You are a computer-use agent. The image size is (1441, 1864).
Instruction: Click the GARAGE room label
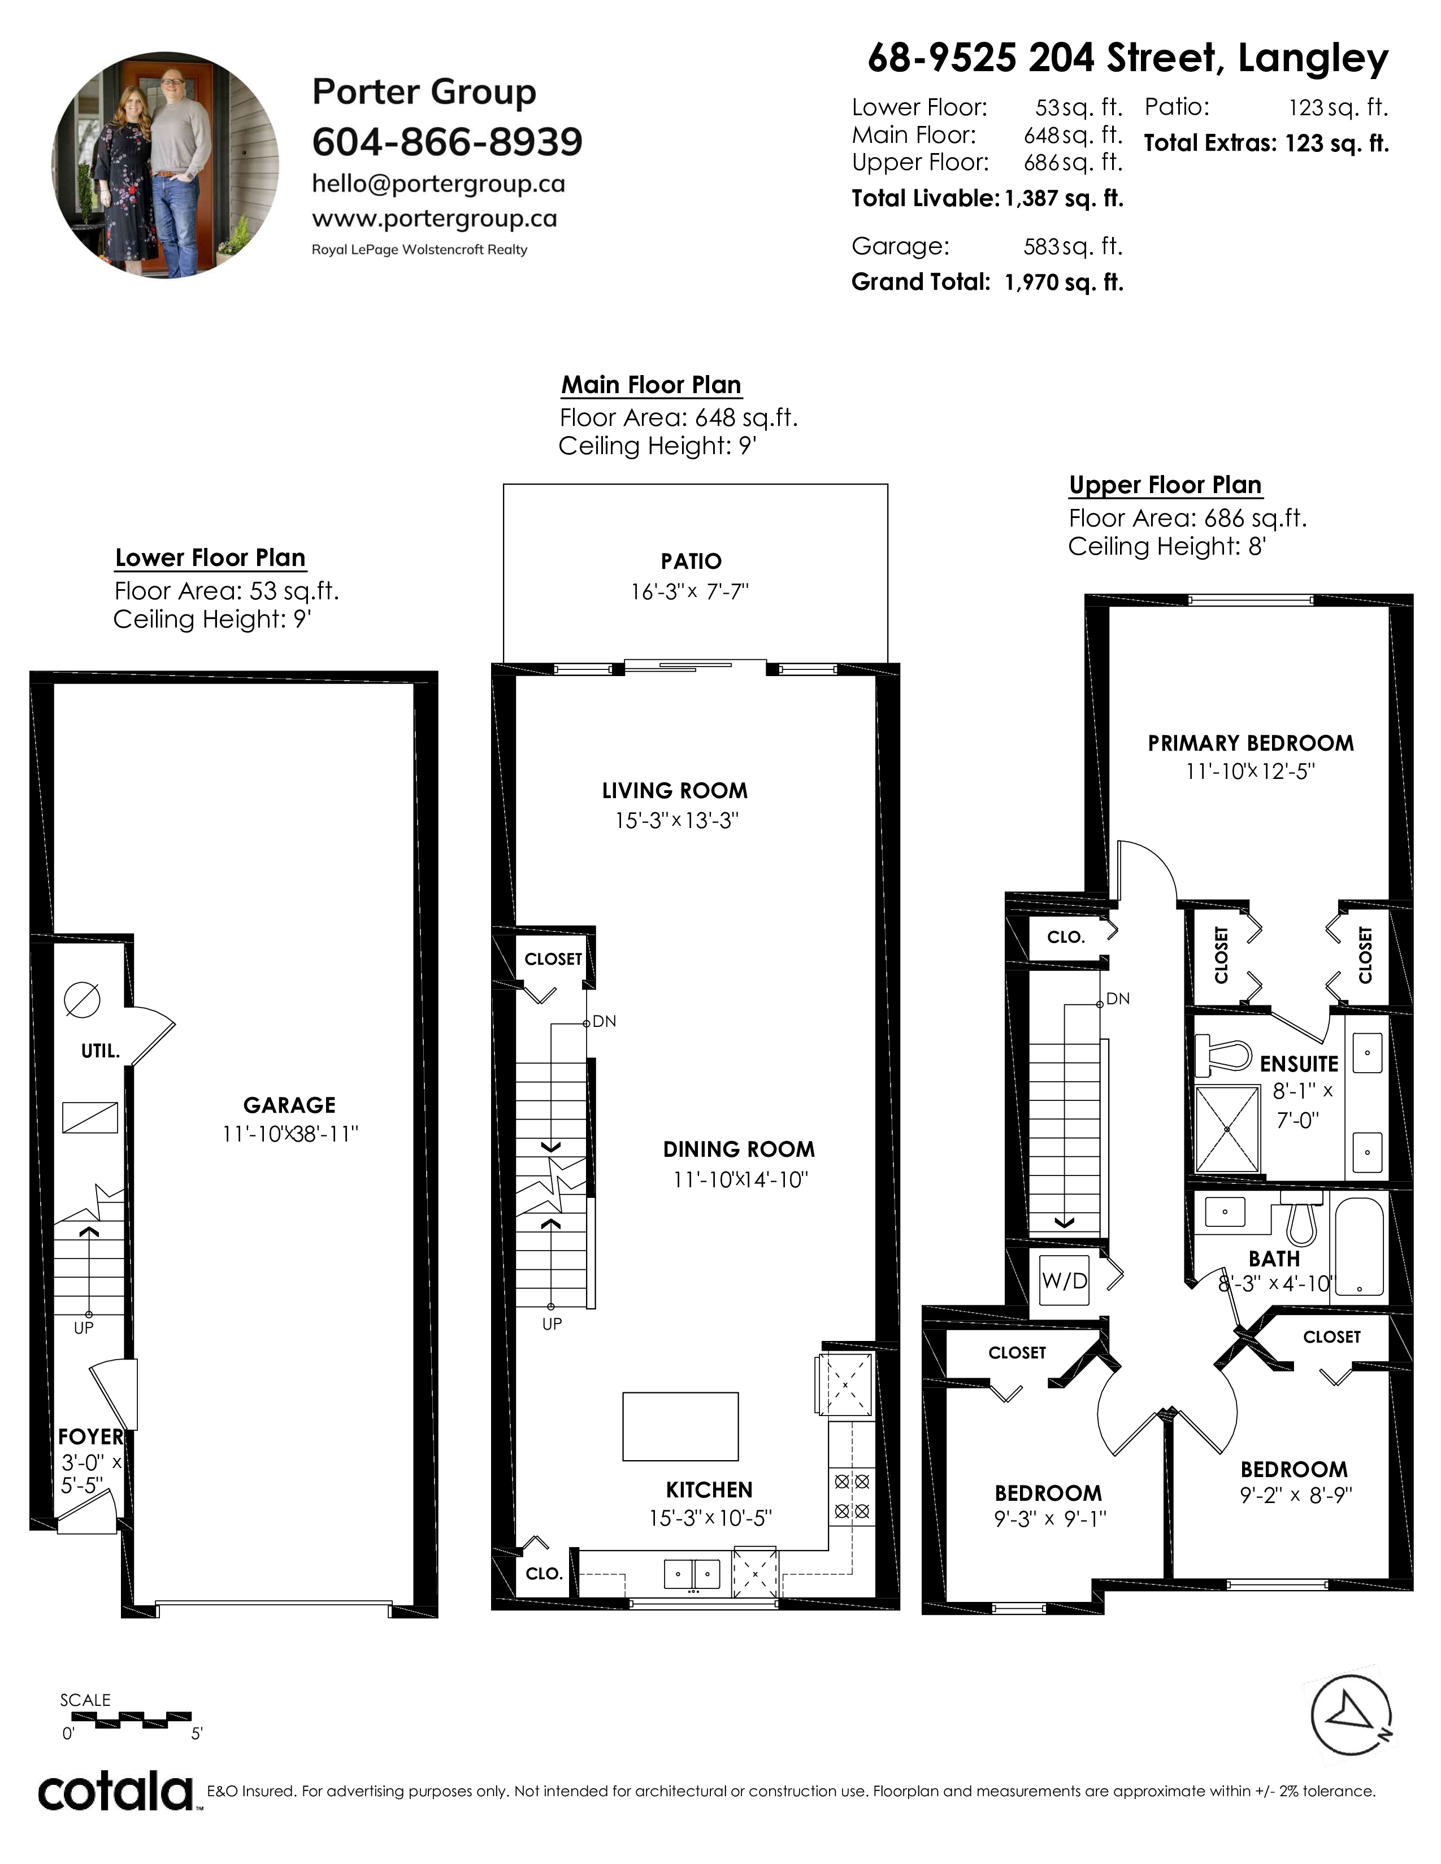289,1105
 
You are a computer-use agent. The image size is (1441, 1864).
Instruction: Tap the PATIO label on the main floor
692,561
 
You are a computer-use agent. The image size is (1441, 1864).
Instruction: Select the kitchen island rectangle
680,1427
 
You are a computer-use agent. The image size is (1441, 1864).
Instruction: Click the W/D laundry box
1065,1281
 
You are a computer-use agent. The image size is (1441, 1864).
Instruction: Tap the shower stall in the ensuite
1227,1129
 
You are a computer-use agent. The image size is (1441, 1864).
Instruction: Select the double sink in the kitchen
692,1573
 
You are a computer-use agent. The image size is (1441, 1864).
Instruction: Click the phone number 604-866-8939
448,142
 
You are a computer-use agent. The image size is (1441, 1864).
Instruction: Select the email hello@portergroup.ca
439,184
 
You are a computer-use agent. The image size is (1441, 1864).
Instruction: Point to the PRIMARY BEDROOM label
1251,743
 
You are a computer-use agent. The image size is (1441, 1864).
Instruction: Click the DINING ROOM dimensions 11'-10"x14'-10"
740,1179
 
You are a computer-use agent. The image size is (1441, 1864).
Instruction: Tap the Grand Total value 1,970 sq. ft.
1064,282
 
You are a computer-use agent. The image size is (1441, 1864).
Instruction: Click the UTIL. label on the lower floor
101,1052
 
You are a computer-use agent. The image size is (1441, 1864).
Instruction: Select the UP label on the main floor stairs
552,1324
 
